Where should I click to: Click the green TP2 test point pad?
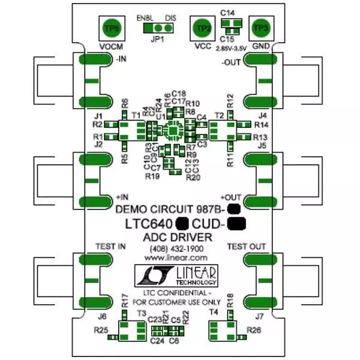(204, 28)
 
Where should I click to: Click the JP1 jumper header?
(157, 28)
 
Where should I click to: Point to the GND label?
(260, 46)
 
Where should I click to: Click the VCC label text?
(204, 46)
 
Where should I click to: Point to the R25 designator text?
(101, 330)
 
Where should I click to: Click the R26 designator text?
(254, 330)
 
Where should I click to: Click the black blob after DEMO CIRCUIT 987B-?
(233, 209)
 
